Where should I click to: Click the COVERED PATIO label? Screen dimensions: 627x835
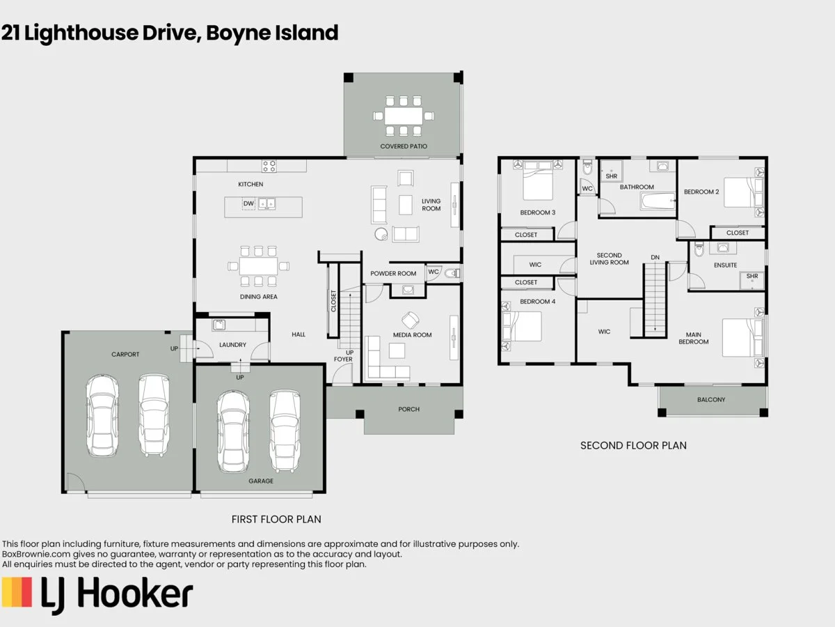coord(404,146)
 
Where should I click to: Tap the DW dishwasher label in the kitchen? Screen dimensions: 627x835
coord(248,203)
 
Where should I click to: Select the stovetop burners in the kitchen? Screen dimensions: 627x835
coord(269,167)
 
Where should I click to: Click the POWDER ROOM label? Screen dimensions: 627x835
coord(393,273)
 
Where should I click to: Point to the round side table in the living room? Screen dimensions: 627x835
coord(381,234)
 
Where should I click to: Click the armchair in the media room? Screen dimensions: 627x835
coord(411,320)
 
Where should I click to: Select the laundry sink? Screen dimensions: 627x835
coord(218,325)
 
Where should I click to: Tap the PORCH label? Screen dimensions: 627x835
coord(409,409)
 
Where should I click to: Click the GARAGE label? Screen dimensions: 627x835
coord(261,481)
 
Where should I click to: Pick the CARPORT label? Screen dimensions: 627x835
coord(125,354)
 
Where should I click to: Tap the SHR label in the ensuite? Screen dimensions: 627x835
coord(752,277)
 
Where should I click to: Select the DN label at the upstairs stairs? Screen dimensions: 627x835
coord(655,257)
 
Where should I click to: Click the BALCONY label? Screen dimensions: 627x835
coord(711,400)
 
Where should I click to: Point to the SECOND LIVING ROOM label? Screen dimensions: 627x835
coord(610,258)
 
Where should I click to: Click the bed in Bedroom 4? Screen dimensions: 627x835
coord(522,326)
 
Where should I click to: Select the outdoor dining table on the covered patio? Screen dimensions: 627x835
coord(404,115)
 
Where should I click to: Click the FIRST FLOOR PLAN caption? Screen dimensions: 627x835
coord(276,519)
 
